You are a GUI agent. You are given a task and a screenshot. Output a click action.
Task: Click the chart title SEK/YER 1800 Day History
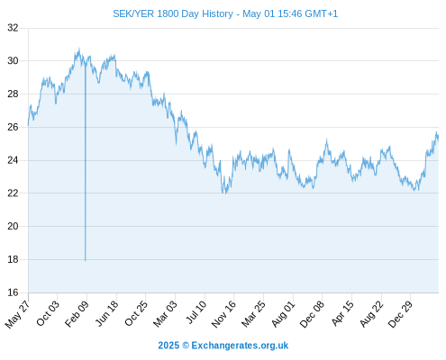(173, 13)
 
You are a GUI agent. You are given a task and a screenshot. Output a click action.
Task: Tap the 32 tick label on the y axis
(13, 28)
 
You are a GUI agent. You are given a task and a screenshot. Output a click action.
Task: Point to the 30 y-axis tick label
(13, 61)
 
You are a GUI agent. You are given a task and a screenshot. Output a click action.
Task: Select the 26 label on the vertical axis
(13, 127)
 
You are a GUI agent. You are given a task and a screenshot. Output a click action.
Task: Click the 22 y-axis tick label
(13, 193)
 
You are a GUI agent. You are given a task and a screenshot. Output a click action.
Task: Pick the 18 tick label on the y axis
(13, 259)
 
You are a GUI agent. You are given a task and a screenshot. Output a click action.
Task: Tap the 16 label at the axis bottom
(13, 292)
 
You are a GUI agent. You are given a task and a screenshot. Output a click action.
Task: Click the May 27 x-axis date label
(17, 314)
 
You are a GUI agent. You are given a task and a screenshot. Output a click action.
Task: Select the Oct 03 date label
(48, 313)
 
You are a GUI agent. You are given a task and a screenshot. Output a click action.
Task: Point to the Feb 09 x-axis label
(77, 313)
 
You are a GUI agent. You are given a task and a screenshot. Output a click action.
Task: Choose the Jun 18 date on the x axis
(106, 313)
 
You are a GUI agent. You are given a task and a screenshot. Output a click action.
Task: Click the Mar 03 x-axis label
(165, 314)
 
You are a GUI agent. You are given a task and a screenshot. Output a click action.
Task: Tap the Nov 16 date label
(223, 314)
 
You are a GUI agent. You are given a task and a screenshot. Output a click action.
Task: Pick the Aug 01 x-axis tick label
(283, 314)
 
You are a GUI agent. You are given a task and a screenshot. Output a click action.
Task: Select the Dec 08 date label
(312, 314)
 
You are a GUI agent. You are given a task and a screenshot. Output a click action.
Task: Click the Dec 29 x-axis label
(400, 314)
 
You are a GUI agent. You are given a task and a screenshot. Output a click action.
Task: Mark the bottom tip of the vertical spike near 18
(85, 261)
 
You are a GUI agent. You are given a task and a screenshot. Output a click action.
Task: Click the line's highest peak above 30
(79, 49)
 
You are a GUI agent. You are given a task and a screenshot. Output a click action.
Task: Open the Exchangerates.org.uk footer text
(223, 346)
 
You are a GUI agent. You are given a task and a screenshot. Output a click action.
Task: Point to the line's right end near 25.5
(438, 138)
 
